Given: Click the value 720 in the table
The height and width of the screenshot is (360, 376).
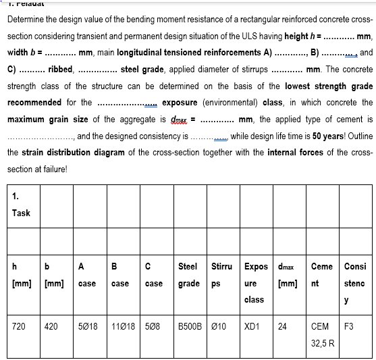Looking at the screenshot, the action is pos(20,326).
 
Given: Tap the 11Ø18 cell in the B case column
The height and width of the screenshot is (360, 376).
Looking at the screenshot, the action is pos(122,326).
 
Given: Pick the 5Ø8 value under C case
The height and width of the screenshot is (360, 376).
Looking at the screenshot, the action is pos(154,326).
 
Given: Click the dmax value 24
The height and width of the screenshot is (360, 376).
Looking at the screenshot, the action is pos(283,326).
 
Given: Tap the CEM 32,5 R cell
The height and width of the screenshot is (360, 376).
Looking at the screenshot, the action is pos(323,334).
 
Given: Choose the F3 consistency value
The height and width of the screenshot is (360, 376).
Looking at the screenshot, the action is pos(349,326).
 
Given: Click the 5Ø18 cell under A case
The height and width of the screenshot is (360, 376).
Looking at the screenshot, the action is pos(88,326).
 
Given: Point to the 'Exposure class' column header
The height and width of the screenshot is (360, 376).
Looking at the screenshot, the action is pos(256,282).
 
